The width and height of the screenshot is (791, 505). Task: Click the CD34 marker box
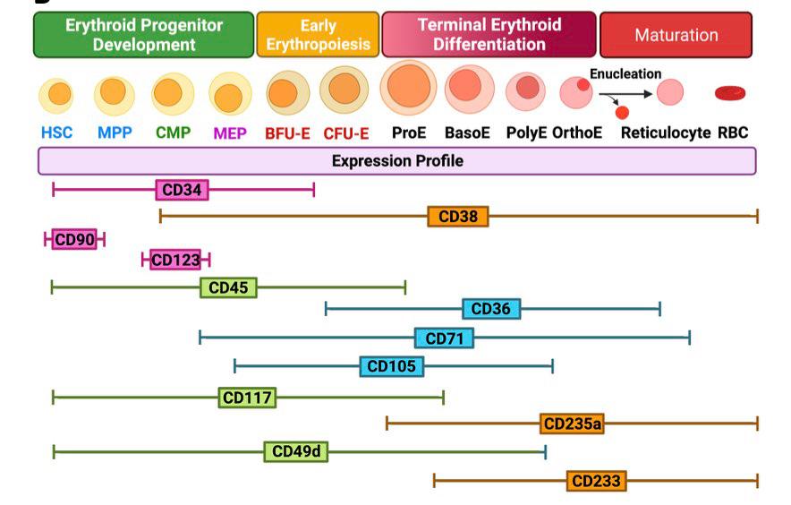pyautogui.click(x=182, y=189)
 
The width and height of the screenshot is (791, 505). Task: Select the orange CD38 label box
pyautogui.click(x=457, y=217)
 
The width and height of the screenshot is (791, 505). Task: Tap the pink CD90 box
pyautogui.click(x=74, y=239)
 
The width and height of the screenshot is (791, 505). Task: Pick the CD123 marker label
pyautogui.click(x=175, y=260)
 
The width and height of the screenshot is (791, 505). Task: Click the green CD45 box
pyautogui.click(x=228, y=287)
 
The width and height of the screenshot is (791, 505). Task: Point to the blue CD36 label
pyautogui.click(x=490, y=309)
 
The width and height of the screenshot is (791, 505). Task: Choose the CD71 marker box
pyautogui.click(x=444, y=338)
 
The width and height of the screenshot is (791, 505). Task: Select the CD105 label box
pyautogui.click(x=392, y=366)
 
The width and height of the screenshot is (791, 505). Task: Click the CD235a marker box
pyautogui.click(x=572, y=423)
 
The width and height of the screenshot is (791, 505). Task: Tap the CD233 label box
pyautogui.click(x=596, y=481)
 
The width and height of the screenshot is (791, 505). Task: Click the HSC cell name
pyautogui.click(x=56, y=133)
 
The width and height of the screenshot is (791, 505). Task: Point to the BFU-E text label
pyautogui.click(x=287, y=133)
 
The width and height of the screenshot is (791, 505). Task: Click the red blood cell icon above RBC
pyautogui.click(x=731, y=92)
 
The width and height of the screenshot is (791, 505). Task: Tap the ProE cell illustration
pyautogui.click(x=408, y=87)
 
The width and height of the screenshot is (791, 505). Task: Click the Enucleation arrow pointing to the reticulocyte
pyautogui.click(x=625, y=93)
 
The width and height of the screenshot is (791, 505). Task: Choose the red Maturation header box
pyautogui.click(x=676, y=35)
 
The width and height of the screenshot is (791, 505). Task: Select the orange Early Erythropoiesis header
pyautogui.click(x=318, y=35)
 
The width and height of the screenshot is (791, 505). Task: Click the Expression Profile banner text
pyautogui.click(x=397, y=161)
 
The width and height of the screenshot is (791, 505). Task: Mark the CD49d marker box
pyautogui.click(x=295, y=451)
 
